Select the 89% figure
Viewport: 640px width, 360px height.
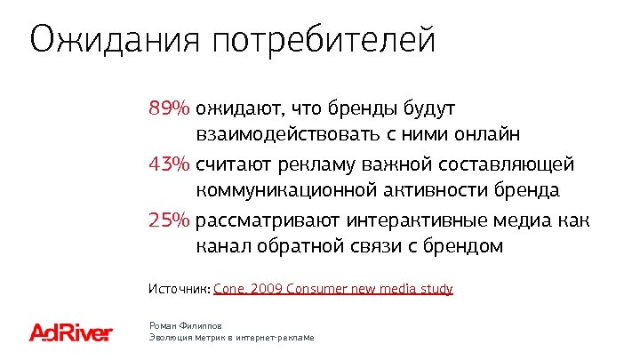169,109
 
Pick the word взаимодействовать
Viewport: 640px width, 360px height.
286,136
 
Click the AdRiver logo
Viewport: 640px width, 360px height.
71,332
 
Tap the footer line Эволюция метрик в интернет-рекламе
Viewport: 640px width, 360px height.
232,339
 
